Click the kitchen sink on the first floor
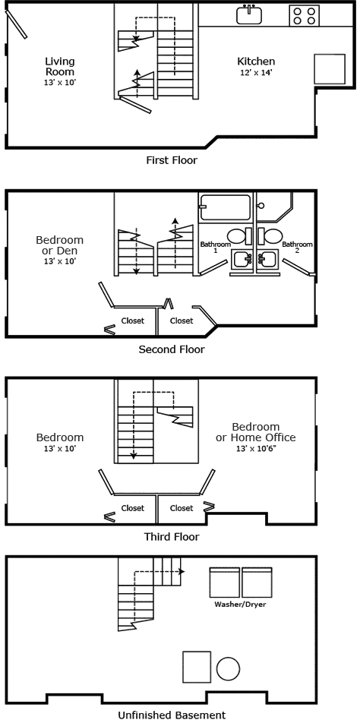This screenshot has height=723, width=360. click(248, 14)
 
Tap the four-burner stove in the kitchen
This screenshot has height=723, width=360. click(304, 15)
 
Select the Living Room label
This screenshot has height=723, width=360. click(60, 66)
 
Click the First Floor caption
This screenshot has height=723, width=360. click(172, 160)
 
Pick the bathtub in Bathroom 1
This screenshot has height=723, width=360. click(226, 207)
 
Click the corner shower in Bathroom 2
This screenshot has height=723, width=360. click(274, 206)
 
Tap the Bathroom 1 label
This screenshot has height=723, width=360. click(215, 248)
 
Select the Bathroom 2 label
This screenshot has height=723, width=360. click(298, 248)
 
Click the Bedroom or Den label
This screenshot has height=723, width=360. click(60, 245)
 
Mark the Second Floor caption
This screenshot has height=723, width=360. click(172, 350)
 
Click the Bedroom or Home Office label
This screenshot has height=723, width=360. click(256, 432)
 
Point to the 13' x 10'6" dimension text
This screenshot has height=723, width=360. click(256, 449)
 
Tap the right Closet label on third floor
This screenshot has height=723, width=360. click(182, 508)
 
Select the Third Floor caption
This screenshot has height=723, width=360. click(172, 537)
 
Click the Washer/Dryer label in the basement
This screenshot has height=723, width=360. click(235, 605)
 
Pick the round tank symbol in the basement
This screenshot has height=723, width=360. click(228, 668)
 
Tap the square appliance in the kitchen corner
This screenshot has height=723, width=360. click(329, 68)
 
